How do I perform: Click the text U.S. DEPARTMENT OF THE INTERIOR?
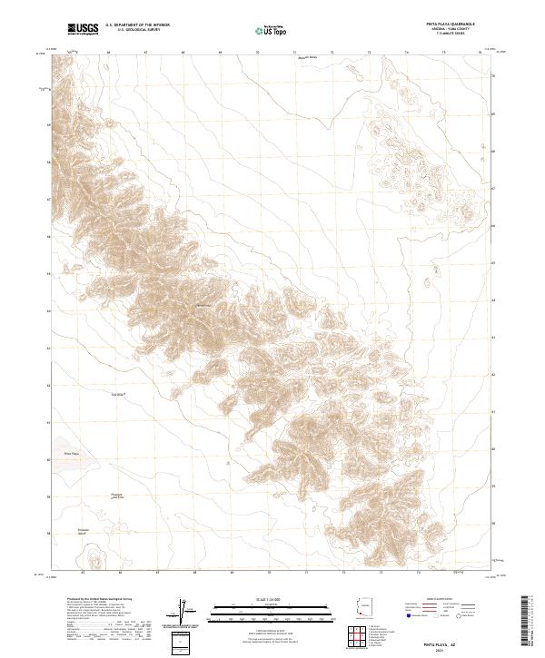click(137, 26)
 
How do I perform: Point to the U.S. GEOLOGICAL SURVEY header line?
click(133, 31)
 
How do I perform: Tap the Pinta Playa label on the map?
click(72, 452)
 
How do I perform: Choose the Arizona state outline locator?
click(364, 609)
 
